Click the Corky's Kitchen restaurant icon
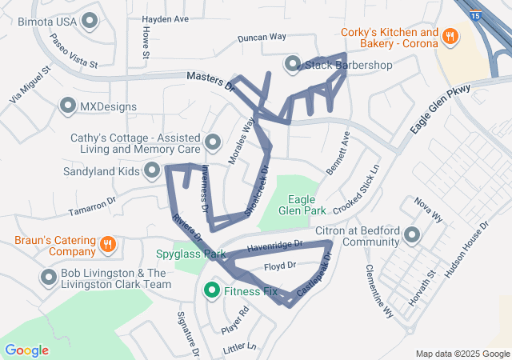(450, 36)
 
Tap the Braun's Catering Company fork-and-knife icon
(108, 244)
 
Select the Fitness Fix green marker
(212, 290)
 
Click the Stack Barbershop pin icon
(292, 63)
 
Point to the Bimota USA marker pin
(90, 20)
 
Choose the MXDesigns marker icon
(68, 106)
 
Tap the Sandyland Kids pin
(151, 170)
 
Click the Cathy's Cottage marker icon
(213, 143)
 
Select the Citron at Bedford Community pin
(412, 235)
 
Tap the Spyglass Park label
(191, 254)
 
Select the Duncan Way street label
(262, 37)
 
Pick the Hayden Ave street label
(165, 18)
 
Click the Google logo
(26, 350)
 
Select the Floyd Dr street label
(281, 265)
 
